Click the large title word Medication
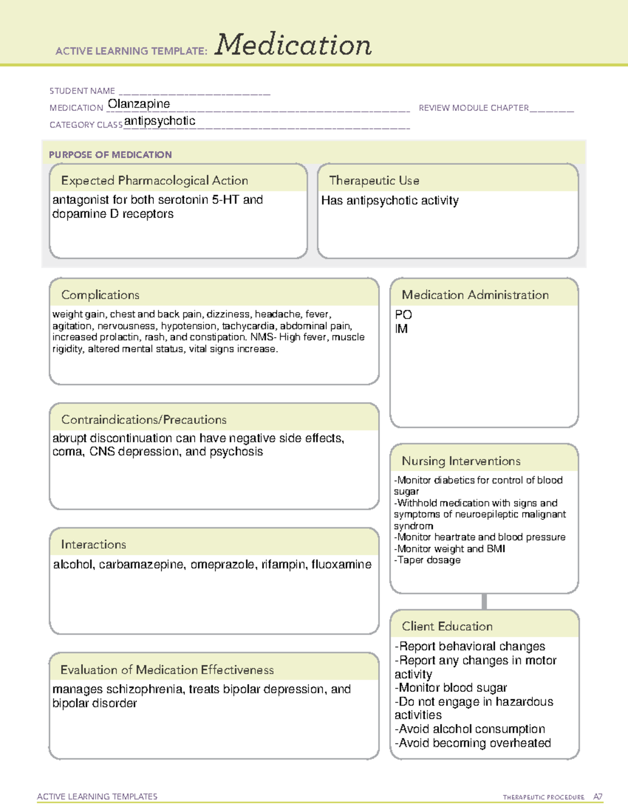293,45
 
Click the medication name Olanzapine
139,104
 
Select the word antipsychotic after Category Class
160,121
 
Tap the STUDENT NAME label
82,91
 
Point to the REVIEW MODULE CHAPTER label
474,108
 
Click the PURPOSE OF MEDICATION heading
110,155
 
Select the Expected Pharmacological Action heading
154,180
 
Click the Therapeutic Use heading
374,180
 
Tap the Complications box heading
100,295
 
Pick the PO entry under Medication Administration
403,315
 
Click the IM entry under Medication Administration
401,329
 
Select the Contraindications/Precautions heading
144,420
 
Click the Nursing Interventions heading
461,461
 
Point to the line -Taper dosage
428,560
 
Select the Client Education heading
447,626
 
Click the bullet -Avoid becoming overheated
473,743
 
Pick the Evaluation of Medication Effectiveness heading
167,670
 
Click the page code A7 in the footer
598,797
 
